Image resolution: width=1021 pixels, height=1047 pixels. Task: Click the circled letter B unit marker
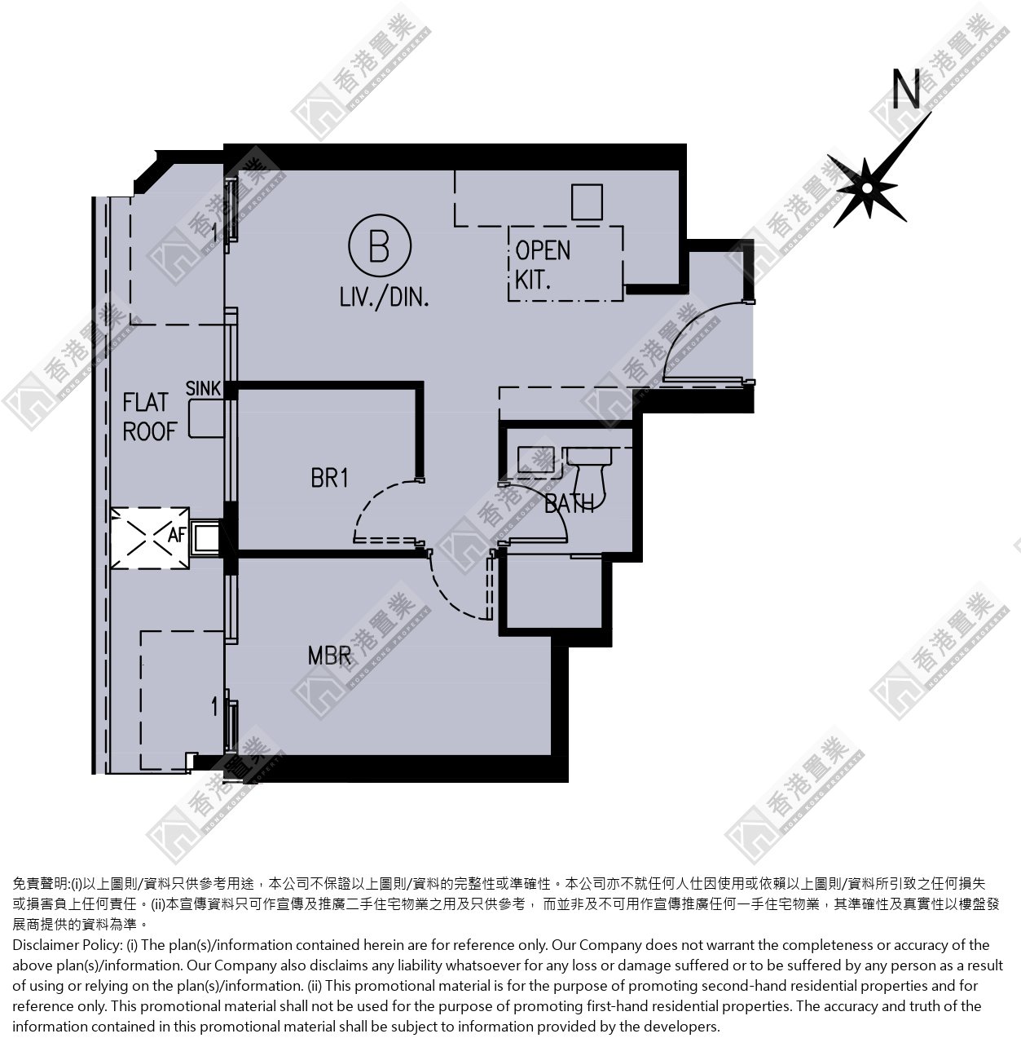tap(380, 246)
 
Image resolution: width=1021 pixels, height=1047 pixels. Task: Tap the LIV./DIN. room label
tap(384, 297)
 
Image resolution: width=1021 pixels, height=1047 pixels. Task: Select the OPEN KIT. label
tap(542, 265)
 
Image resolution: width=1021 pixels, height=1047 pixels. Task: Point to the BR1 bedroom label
tap(329, 478)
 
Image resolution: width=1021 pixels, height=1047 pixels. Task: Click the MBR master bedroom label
tap(329, 656)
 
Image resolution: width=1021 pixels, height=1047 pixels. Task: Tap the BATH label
tap(569, 504)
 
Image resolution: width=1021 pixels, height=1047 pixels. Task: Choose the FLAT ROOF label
tap(149, 417)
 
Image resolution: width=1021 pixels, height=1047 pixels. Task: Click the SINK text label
tap(203, 388)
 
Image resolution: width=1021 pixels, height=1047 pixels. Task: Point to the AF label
tap(177, 534)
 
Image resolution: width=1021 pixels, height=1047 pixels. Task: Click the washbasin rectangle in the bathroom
tap(536, 459)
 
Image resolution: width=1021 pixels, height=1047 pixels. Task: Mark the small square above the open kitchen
tap(587, 201)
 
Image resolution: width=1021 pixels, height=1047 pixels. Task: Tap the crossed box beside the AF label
tap(150, 537)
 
